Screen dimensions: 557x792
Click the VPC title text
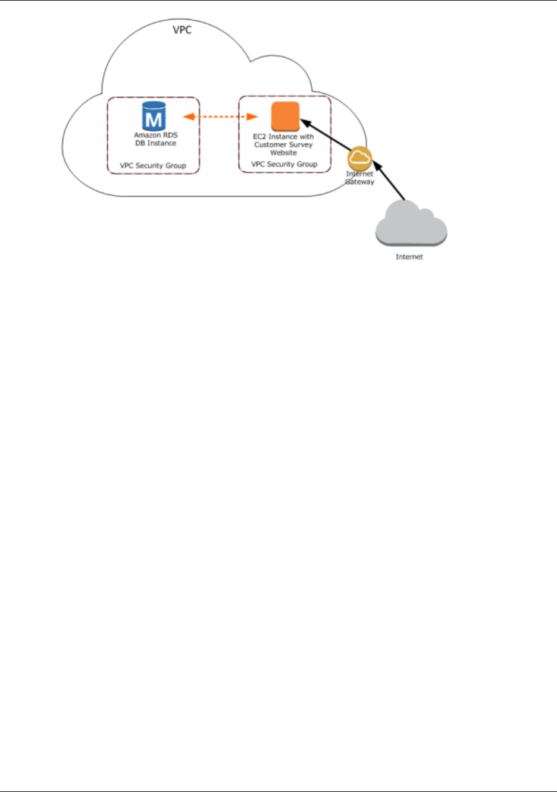(x=182, y=29)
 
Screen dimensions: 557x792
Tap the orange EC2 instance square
(x=285, y=116)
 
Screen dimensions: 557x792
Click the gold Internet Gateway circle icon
(x=360, y=158)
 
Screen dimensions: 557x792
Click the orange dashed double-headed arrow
(x=220, y=117)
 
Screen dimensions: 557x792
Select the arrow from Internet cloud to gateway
(x=390, y=184)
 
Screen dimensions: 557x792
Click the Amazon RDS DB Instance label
(x=155, y=139)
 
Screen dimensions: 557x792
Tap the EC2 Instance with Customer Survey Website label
(x=283, y=144)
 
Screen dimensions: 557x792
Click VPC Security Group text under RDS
(x=153, y=165)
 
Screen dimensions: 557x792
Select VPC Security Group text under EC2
(x=284, y=164)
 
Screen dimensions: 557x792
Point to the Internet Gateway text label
(x=360, y=178)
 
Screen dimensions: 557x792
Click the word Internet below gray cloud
(x=409, y=257)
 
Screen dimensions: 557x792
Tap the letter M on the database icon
(x=154, y=120)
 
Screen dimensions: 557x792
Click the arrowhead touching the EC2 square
(x=303, y=122)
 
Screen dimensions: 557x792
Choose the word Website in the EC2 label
(x=283, y=153)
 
